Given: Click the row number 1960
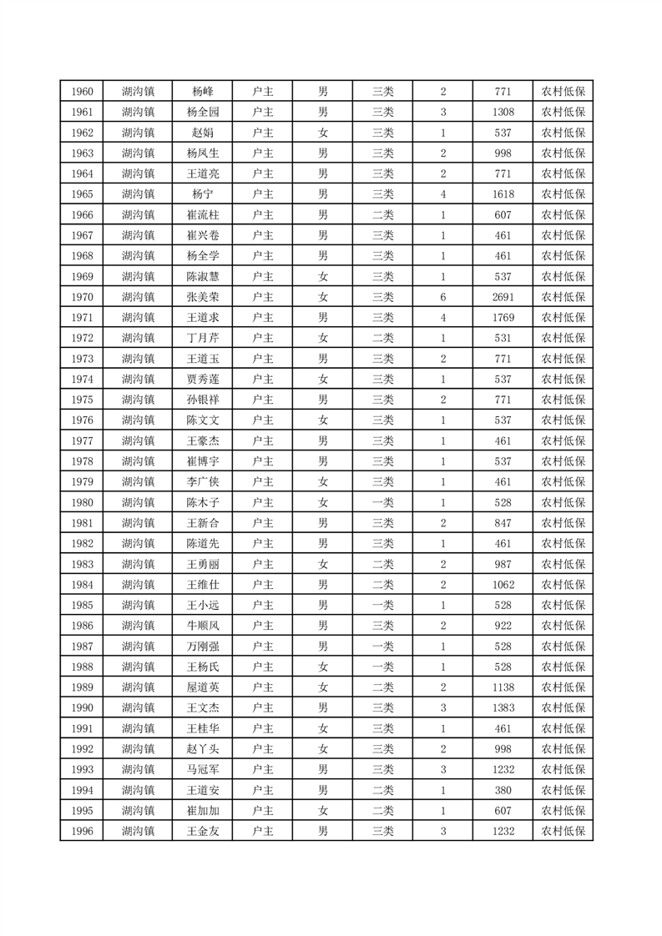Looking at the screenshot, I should click(x=82, y=92).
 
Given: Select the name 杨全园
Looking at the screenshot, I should click(x=203, y=113).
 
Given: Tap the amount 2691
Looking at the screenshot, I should click(x=503, y=297).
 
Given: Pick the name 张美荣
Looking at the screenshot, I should click(x=203, y=297).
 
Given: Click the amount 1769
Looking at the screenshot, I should click(x=503, y=318).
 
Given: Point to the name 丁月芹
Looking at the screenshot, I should click(x=203, y=338).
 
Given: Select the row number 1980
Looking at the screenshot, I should click(x=82, y=502).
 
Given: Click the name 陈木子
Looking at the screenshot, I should click(x=203, y=502).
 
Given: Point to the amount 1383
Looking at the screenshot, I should click(x=503, y=707).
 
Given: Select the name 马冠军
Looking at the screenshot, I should click(x=203, y=769).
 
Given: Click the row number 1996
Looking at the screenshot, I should click(x=82, y=831).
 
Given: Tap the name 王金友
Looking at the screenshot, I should click(x=203, y=831).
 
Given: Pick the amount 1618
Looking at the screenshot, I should click(x=503, y=194).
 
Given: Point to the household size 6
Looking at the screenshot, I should click(x=442, y=297).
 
